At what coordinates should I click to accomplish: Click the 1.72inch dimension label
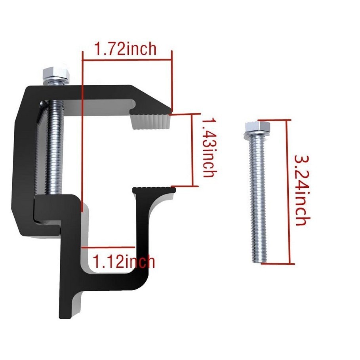(125, 49)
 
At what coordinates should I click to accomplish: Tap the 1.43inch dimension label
(210, 147)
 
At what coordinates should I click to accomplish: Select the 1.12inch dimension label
(124, 261)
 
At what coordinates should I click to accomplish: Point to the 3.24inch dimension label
(302, 190)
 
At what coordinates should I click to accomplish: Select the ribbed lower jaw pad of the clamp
(154, 190)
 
